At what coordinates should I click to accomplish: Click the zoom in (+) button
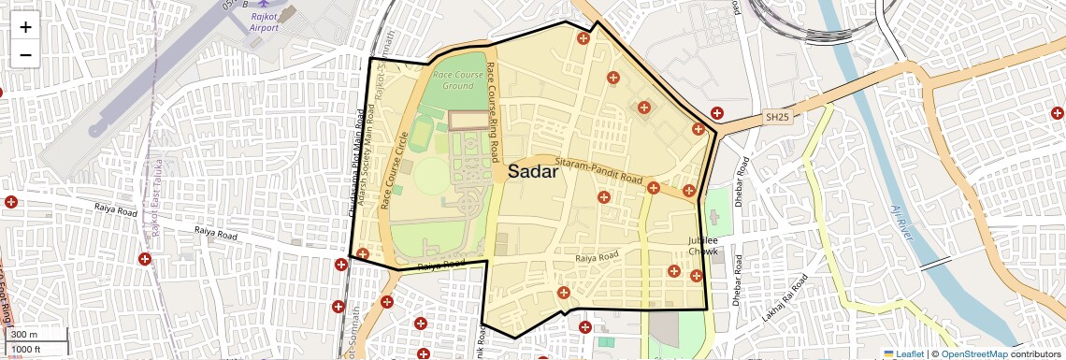pos(25,27)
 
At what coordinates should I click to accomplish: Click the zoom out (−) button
pos(25,54)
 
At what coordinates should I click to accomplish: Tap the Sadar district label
pos(533,172)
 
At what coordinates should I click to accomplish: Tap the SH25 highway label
pos(777,117)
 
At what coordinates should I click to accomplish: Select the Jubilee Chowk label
pos(702,246)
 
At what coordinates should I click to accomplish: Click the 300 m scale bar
pos(36,335)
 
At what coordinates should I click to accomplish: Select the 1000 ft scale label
pos(36,349)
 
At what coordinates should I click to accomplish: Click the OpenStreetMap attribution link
pos(973,353)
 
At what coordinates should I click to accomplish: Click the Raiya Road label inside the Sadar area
pos(598,256)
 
